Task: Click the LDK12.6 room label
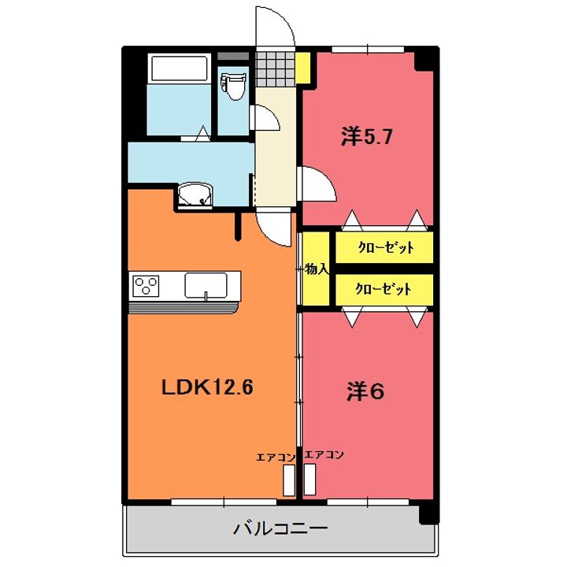point(207,388)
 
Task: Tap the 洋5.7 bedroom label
point(366,137)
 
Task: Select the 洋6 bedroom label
point(365,391)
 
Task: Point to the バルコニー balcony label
point(280,529)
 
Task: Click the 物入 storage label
point(317,269)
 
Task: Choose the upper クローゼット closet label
point(386,248)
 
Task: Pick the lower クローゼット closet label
point(384,289)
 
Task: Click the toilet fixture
point(234,85)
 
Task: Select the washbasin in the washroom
point(195,195)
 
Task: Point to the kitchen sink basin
point(206,285)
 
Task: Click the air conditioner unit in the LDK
point(289,480)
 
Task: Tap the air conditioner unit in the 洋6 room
point(310,479)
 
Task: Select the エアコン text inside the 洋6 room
point(324,455)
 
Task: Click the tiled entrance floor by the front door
point(276,69)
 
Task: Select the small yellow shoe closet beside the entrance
point(303,68)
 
